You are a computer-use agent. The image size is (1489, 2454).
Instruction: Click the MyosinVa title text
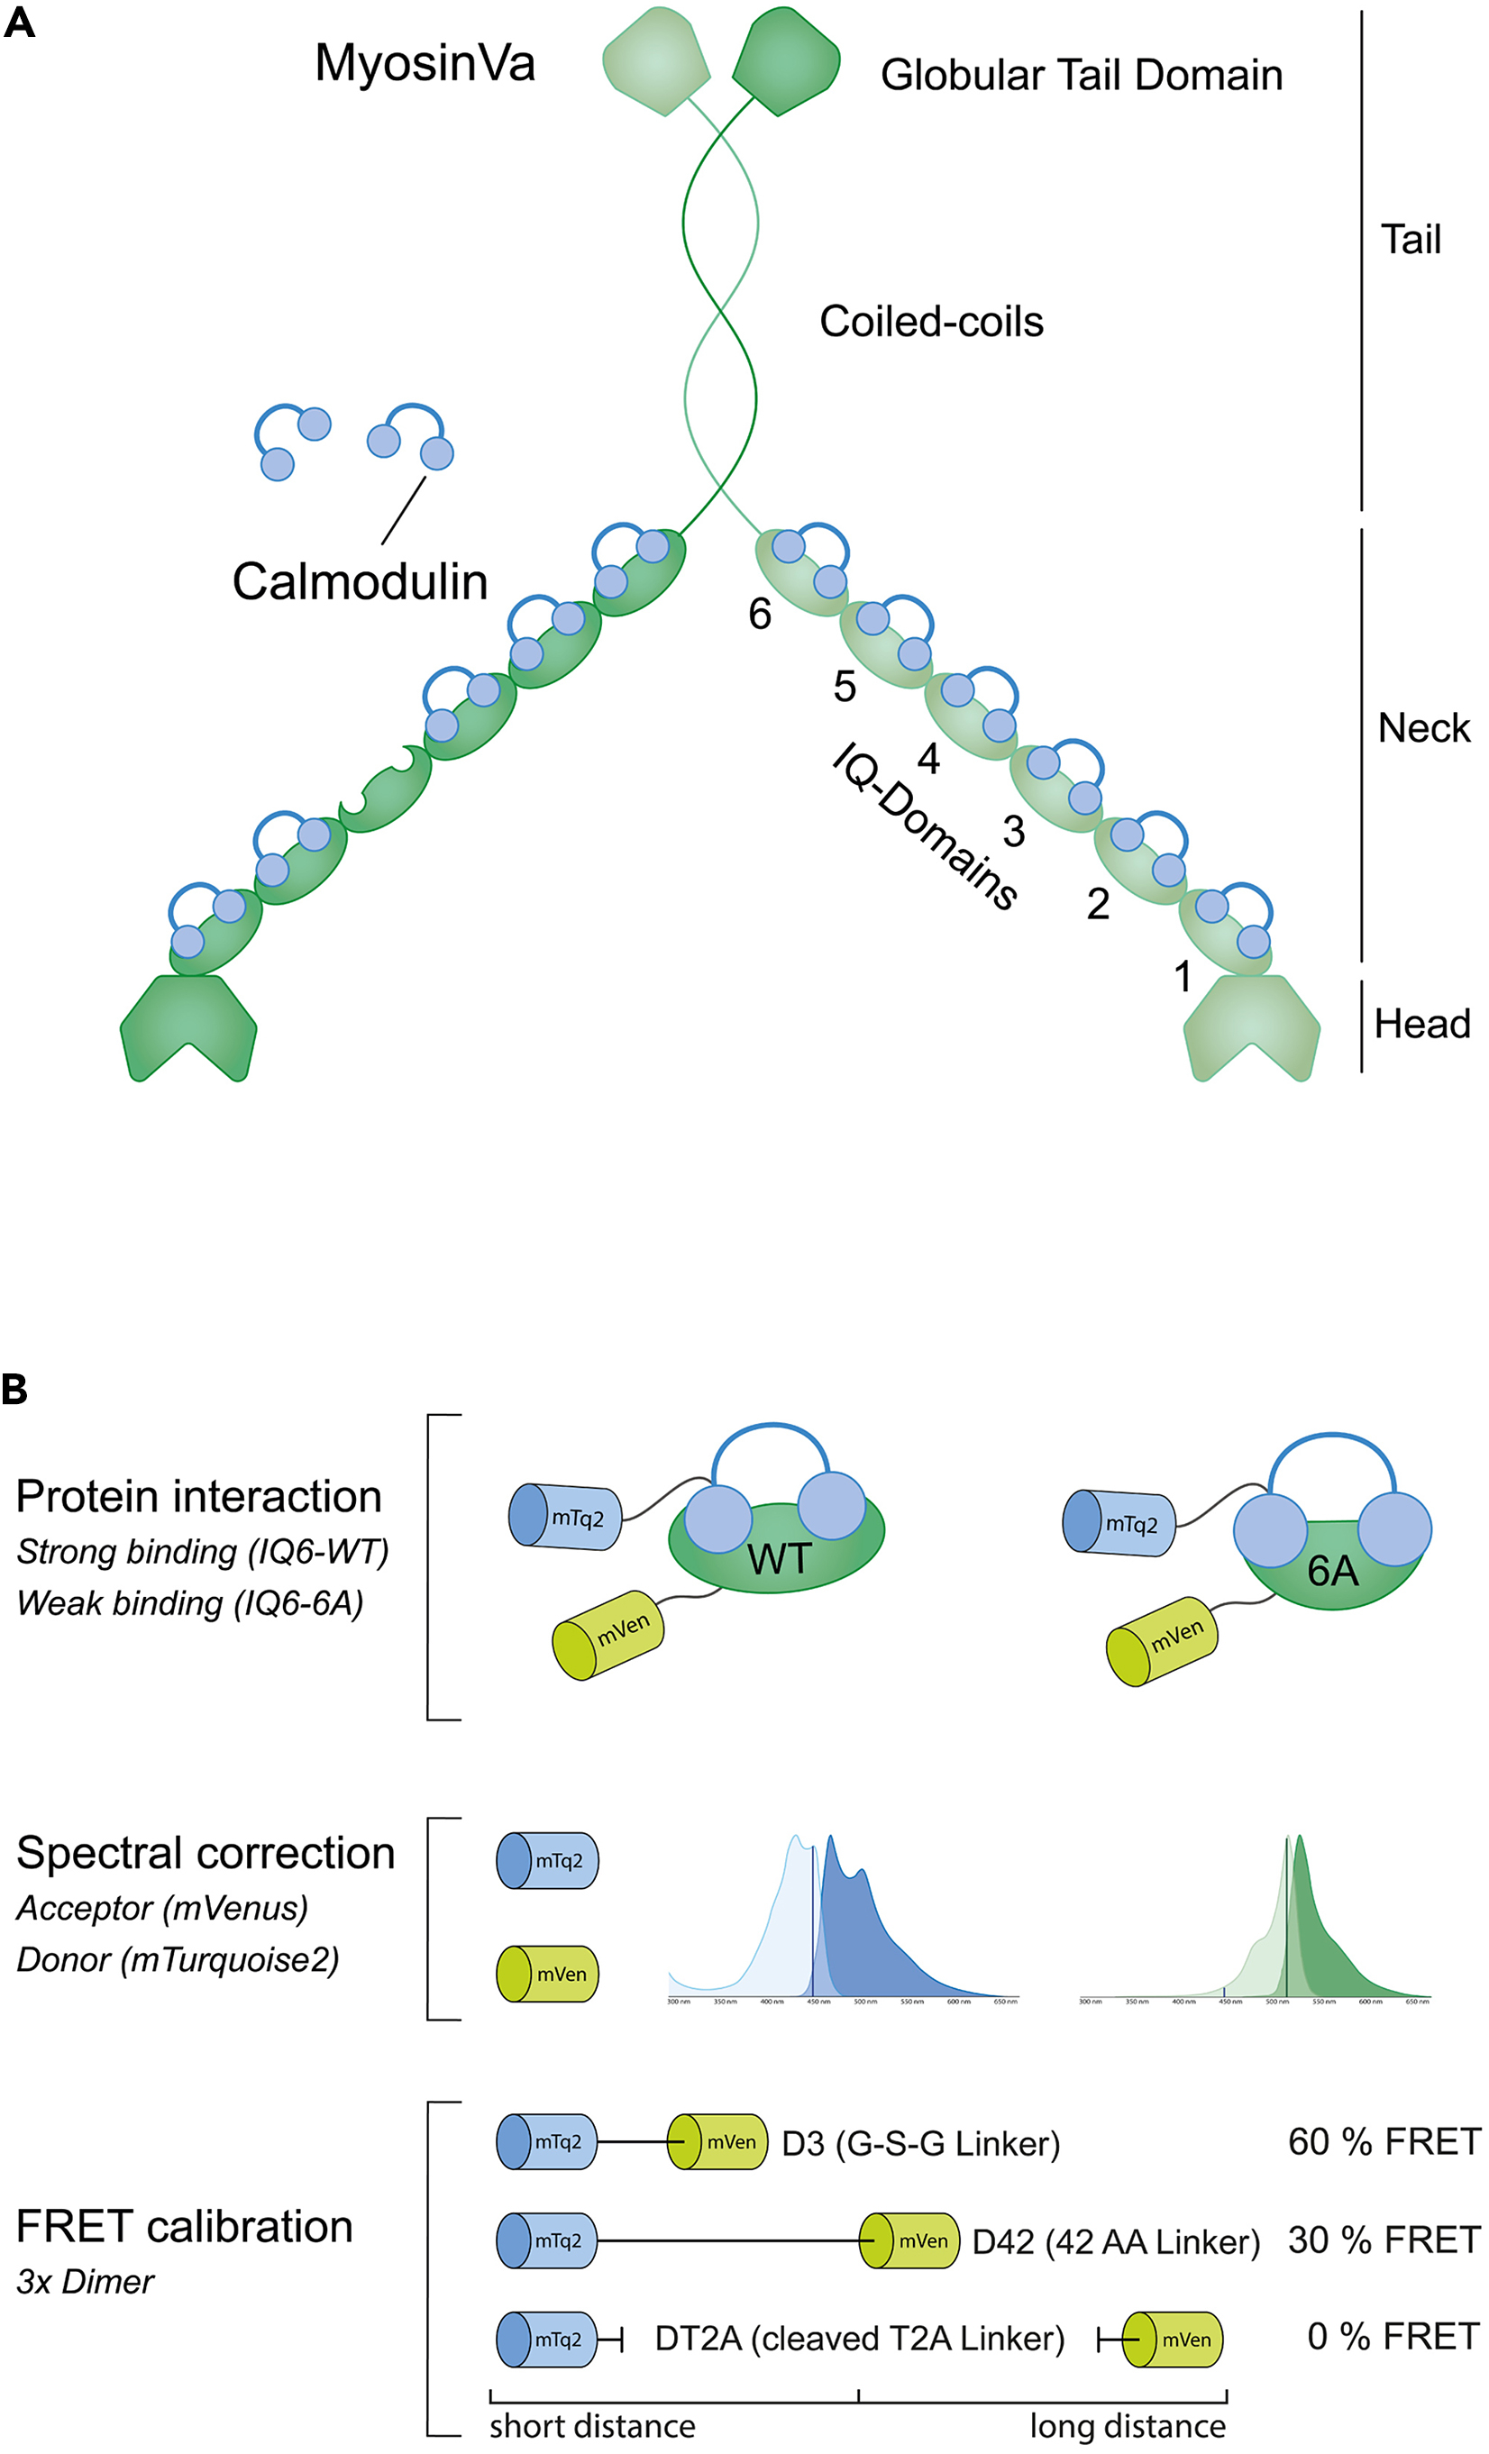pyautogui.click(x=425, y=64)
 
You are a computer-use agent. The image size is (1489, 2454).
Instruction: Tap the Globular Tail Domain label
pyautogui.click(x=1081, y=76)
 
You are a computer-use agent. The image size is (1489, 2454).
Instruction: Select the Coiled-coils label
pyautogui.click(x=931, y=322)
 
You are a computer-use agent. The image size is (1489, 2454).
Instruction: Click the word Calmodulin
pyautogui.click(x=360, y=581)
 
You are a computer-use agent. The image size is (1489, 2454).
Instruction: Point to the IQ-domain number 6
pyautogui.click(x=760, y=615)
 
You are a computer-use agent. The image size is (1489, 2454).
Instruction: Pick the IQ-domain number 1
pyautogui.click(x=1183, y=977)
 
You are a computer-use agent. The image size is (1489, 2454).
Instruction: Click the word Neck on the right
pyautogui.click(x=1423, y=729)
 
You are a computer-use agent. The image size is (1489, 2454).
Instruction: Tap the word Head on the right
pyautogui.click(x=1421, y=1024)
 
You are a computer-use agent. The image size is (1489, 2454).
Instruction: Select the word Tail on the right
pyautogui.click(x=1411, y=240)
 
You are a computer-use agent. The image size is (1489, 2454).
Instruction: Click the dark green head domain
pyautogui.click(x=188, y=1026)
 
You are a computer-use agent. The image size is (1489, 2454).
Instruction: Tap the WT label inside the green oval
pyautogui.click(x=779, y=1560)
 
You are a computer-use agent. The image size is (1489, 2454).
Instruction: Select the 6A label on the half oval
pyautogui.click(x=1333, y=1572)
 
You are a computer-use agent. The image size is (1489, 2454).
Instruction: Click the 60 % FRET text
pyautogui.click(x=1384, y=2141)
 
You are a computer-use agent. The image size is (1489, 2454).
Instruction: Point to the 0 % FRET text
pyautogui.click(x=1393, y=2337)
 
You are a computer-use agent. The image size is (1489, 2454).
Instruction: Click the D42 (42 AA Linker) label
pyautogui.click(x=1116, y=2243)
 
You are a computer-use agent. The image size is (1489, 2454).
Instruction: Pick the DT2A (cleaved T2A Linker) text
pyautogui.click(x=859, y=2339)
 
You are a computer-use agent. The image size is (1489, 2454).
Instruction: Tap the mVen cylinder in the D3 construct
pyautogui.click(x=717, y=2142)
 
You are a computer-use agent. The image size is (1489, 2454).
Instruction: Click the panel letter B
pyautogui.click(x=15, y=1391)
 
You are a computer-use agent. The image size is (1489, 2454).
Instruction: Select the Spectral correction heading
pyautogui.click(x=206, y=1854)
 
